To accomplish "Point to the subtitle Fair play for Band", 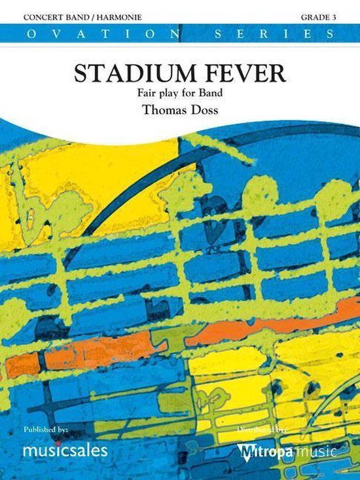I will pos(179,92).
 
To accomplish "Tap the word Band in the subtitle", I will pos(214,92).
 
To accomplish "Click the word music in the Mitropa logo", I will pos(317,451).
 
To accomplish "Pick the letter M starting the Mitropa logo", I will pos(245,451).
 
